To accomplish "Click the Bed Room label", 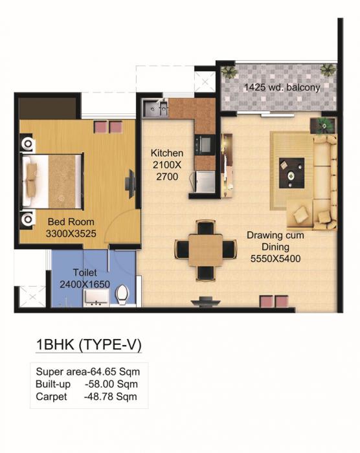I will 71,221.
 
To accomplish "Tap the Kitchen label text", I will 167,153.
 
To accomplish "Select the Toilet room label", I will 84,272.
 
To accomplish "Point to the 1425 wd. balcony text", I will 282,87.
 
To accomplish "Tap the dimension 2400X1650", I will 84,283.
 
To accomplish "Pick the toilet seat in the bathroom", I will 121,296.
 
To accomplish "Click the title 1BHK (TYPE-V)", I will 87,345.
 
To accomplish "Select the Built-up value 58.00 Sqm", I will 111,384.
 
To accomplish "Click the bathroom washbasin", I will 96,298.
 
